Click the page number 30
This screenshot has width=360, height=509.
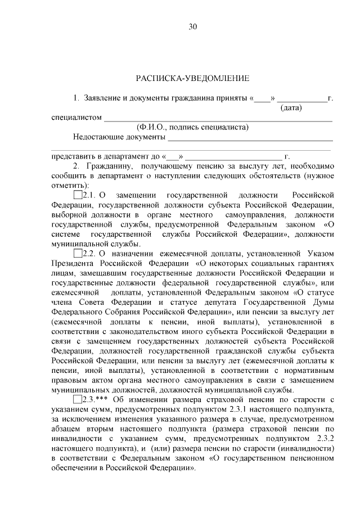coord(192,27)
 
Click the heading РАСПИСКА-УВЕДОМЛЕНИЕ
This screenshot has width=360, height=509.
coord(192,78)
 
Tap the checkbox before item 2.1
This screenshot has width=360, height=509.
coord(78,195)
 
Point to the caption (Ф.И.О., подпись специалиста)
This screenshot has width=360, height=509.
coord(192,127)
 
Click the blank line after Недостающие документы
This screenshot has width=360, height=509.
coord(250,138)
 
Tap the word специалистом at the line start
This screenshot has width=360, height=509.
coord(76,118)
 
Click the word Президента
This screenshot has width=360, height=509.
coord(73,263)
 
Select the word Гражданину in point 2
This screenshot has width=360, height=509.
coord(109,166)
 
